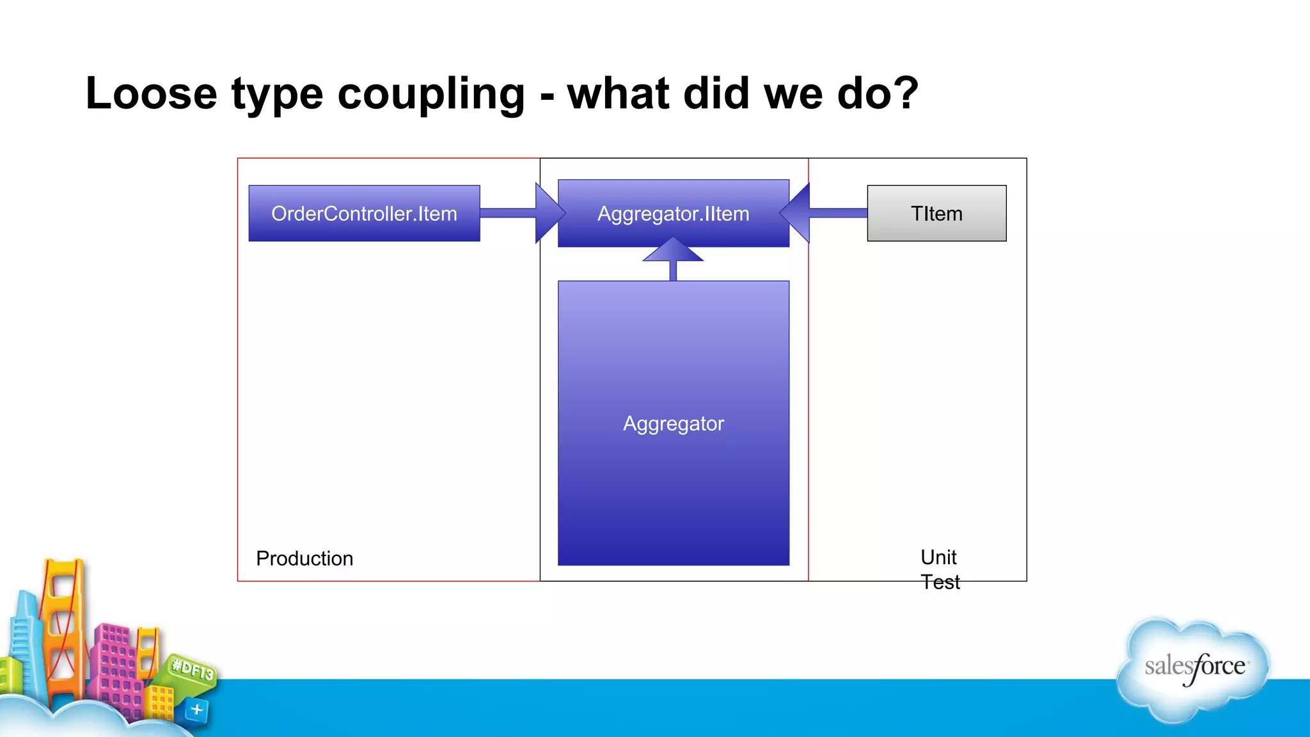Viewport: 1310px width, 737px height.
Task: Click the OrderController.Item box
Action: pyautogui.click(x=364, y=213)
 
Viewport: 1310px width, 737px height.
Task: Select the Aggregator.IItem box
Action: pyautogui.click(x=673, y=213)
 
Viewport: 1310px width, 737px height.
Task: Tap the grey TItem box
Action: pyautogui.click(x=936, y=213)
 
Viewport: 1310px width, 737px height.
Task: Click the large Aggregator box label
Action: pyautogui.click(x=673, y=424)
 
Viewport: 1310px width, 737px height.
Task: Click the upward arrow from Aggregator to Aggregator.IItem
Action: pyautogui.click(x=673, y=259)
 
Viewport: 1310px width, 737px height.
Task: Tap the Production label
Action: pyautogui.click(x=304, y=559)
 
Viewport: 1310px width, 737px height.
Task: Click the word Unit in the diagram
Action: pyautogui.click(x=938, y=557)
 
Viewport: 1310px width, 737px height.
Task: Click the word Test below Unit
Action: pyautogui.click(x=940, y=582)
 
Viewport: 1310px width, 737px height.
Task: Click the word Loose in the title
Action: pyautogui.click(x=151, y=93)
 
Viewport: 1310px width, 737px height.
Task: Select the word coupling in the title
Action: pyautogui.click(x=430, y=95)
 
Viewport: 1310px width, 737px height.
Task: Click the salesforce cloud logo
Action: pyautogui.click(x=1194, y=669)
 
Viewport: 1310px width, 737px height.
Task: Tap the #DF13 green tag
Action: pyautogui.click(x=193, y=670)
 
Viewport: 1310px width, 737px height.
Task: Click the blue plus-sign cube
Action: pyautogui.click(x=196, y=710)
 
